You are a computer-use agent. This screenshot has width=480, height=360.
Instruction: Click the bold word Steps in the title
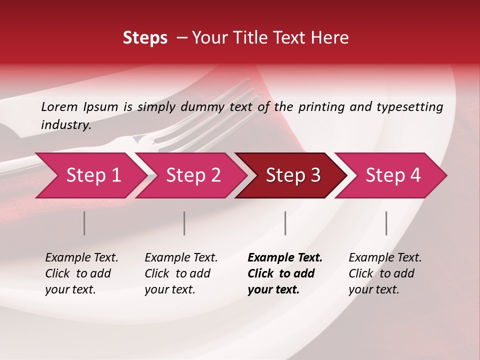point(145,38)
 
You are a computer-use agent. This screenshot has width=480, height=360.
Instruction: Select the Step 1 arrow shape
point(90,175)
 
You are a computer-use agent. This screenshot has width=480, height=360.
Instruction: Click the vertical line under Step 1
point(84,223)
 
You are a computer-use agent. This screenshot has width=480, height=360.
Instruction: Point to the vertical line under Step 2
point(184,223)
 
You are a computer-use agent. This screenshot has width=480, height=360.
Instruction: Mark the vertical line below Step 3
point(285,223)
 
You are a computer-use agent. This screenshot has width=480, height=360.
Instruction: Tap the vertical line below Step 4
point(386,223)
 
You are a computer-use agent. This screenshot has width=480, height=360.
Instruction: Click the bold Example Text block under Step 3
point(284,273)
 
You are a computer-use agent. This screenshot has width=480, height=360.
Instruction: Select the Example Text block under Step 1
point(81,273)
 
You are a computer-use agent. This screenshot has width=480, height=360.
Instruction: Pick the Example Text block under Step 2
point(181,273)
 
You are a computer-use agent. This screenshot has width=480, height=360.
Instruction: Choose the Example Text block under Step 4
point(385,273)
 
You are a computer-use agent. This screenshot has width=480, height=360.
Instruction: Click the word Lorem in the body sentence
point(59,106)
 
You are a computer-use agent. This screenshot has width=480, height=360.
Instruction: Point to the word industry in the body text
point(65,125)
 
